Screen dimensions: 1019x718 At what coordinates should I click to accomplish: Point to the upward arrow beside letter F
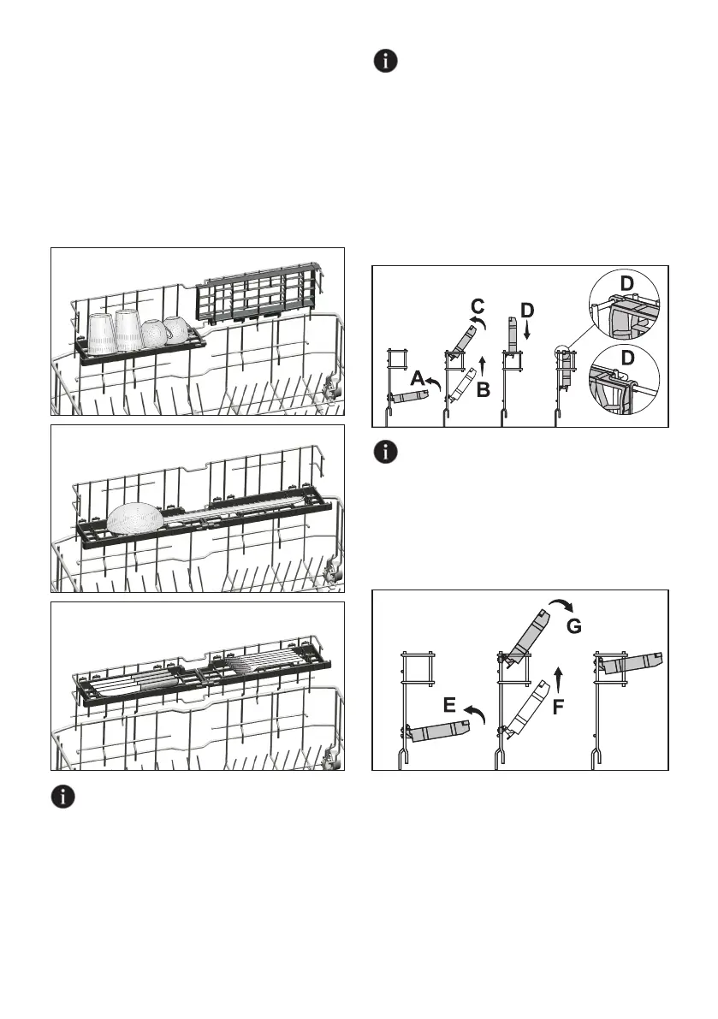558,679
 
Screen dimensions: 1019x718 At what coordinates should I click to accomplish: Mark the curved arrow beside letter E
472,714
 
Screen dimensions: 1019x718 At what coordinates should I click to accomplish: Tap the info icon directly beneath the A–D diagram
388,453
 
